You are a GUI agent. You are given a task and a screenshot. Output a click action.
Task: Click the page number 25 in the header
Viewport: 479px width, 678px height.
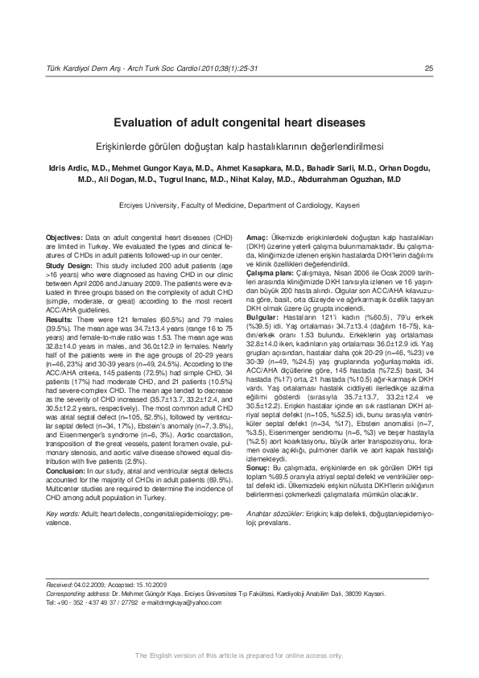pos(429,67)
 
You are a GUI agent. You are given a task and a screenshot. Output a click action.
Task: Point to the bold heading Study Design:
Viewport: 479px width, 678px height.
pos(69,264)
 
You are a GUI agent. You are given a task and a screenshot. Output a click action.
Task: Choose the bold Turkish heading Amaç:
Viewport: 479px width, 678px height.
pos(257,239)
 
